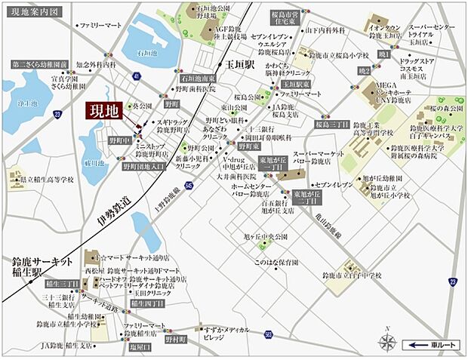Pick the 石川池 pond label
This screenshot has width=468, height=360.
coord(146,54)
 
